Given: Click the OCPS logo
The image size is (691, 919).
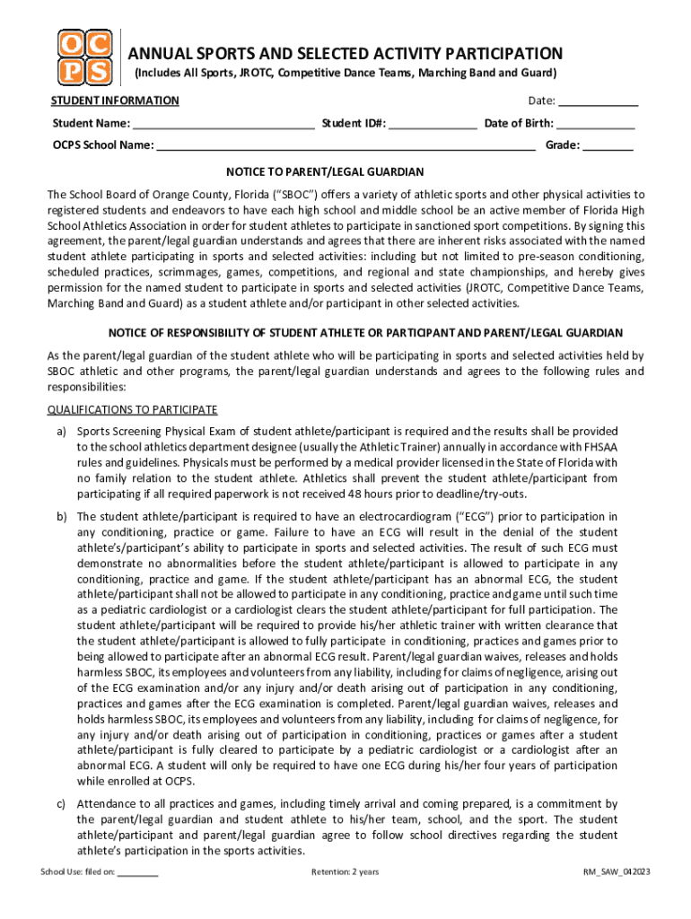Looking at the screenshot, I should tap(85, 58).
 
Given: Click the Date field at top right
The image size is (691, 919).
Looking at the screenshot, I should tap(599, 101).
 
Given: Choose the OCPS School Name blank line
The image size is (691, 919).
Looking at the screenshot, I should tap(346, 145).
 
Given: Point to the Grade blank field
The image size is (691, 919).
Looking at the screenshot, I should tap(608, 145).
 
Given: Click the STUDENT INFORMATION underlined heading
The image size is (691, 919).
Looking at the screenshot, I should tap(115, 101).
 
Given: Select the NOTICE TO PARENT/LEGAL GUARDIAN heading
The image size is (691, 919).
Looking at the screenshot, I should tap(325, 171).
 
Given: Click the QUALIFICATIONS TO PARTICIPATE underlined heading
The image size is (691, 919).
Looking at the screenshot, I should tap(132, 410).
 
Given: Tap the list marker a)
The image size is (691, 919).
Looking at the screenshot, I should tap(62, 432).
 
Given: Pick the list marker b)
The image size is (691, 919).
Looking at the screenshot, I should tap(62, 517).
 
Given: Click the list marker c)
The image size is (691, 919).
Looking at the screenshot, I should tap(62, 804).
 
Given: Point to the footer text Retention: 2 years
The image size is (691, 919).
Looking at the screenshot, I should tap(345, 871).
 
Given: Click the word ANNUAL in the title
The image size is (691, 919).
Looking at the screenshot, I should tap(161, 54).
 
